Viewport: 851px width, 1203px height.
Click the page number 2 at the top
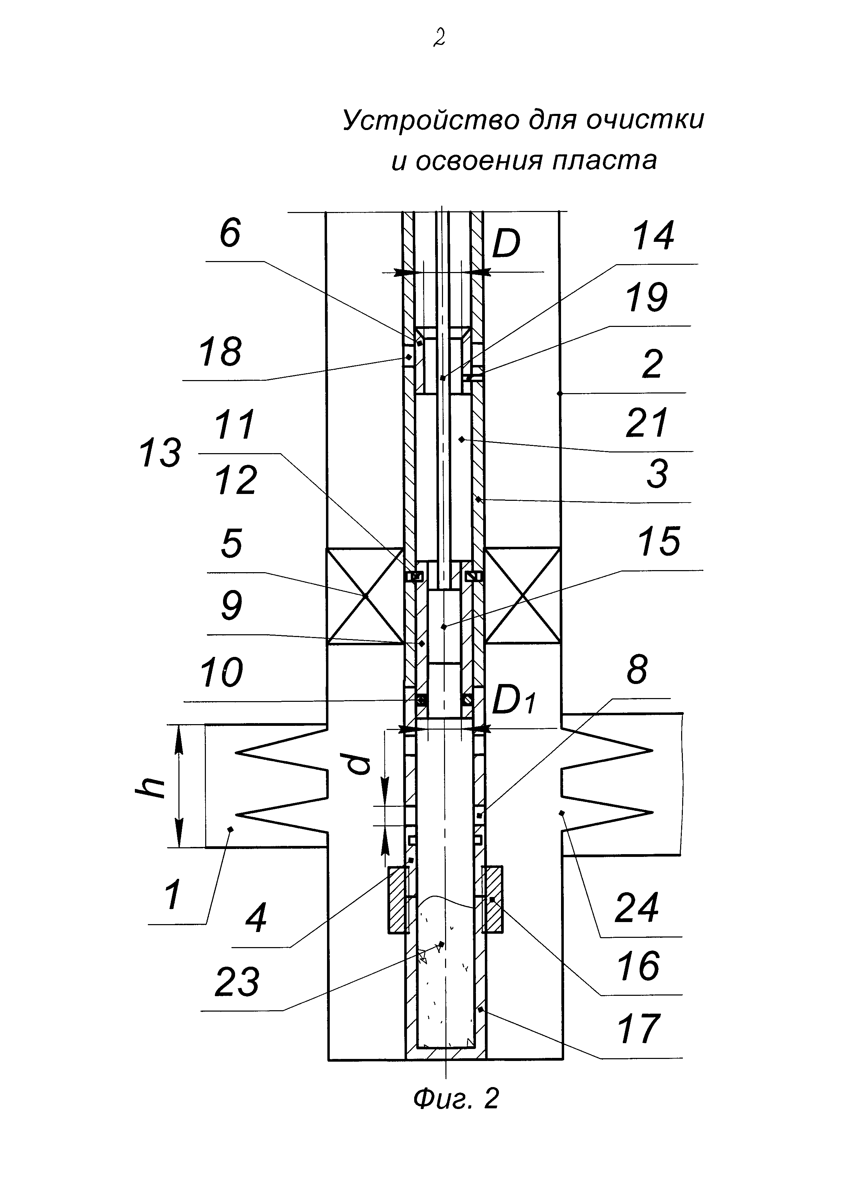click(x=439, y=38)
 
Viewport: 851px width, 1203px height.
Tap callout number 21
click(x=647, y=423)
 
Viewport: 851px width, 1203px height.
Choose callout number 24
click(x=636, y=908)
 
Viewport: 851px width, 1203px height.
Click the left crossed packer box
click(x=365, y=596)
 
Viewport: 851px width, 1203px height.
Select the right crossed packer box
click(x=522, y=596)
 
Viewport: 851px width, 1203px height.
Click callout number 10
click(x=221, y=673)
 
